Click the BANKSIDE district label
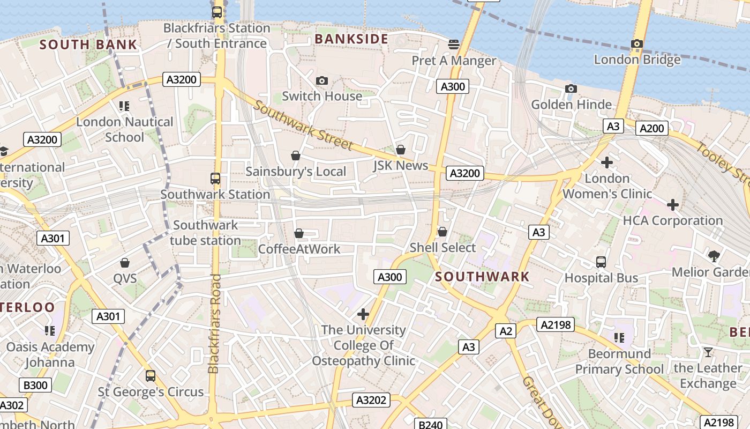pyautogui.click(x=351, y=39)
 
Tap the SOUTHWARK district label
pyautogui.click(x=482, y=277)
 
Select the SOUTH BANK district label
pyautogui.click(x=88, y=45)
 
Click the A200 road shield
pyautogui.click(x=652, y=128)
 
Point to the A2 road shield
pyautogui.click(x=505, y=331)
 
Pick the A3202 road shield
pyautogui.click(x=371, y=400)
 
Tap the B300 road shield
pyautogui.click(x=36, y=385)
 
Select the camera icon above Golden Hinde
pyautogui.click(x=571, y=88)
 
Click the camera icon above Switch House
pyautogui.click(x=321, y=80)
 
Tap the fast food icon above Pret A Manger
pyautogui.click(x=454, y=44)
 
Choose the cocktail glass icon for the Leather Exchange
pyautogui.click(x=708, y=352)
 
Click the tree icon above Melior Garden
pyautogui.click(x=713, y=256)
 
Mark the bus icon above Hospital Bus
pyautogui.click(x=601, y=262)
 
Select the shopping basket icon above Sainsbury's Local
pyautogui.click(x=295, y=156)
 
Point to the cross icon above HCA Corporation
pyautogui.click(x=673, y=204)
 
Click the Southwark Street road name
pyautogui.click(x=303, y=125)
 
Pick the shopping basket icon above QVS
pyautogui.click(x=125, y=262)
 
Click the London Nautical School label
pyautogui.click(x=124, y=129)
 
